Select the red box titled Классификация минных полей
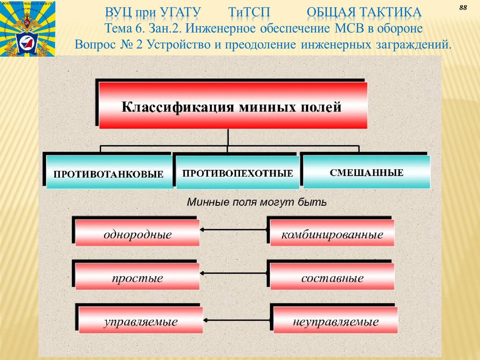(232, 106)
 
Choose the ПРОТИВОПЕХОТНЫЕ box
(238, 172)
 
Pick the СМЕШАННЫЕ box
(367, 172)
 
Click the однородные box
(137, 233)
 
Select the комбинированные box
(332, 233)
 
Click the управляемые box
(141, 321)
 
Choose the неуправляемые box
(335, 321)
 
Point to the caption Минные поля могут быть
(257, 203)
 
